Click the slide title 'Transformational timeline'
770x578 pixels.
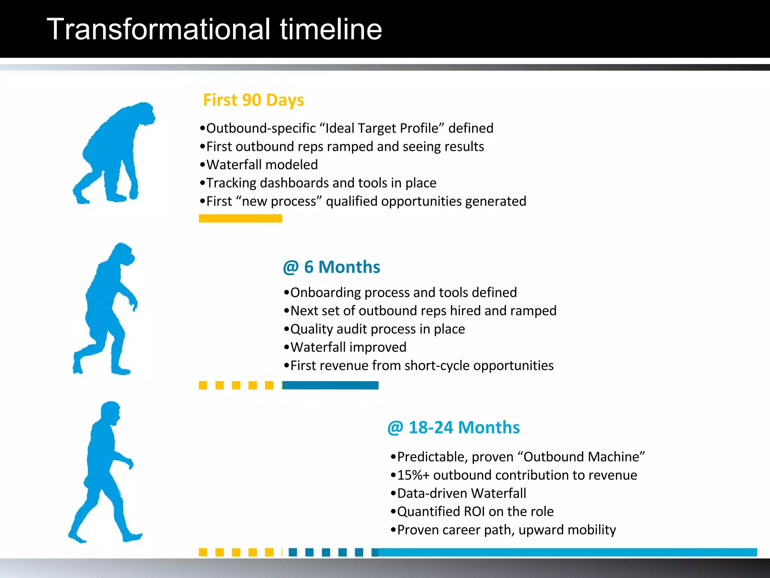(214, 29)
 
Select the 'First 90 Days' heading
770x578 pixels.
(253, 100)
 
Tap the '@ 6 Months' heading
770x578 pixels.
(331, 267)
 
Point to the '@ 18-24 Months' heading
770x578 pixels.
(453, 427)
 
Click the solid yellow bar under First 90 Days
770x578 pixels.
(240, 218)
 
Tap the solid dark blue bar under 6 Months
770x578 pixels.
(330, 385)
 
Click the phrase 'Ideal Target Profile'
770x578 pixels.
(382, 128)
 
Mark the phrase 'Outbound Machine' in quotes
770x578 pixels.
(581, 457)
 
